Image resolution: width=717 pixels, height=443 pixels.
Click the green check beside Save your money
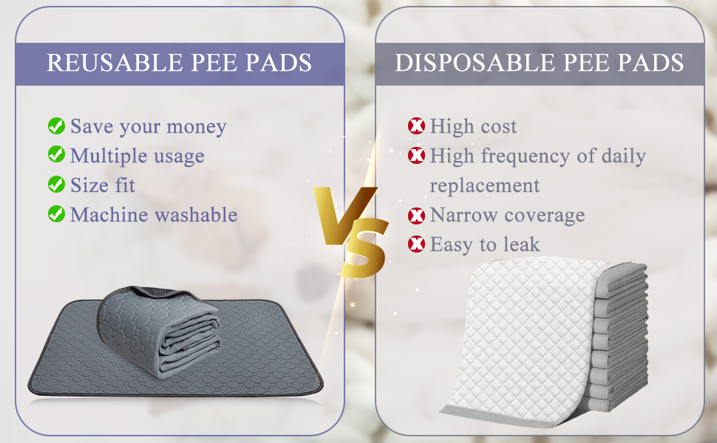point(56,126)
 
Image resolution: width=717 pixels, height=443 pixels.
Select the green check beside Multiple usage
point(56,155)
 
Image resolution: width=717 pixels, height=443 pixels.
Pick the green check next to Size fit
point(56,185)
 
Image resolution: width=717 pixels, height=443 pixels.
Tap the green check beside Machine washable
point(56,214)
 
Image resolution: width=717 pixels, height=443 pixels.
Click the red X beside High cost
point(416,126)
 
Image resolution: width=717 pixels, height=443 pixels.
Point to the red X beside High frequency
point(416,156)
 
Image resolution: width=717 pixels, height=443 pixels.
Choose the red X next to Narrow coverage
point(416,215)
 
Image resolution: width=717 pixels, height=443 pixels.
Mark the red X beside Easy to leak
point(416,244)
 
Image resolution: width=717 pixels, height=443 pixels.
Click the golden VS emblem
point(351,226)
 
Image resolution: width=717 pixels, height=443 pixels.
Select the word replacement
point(484,185)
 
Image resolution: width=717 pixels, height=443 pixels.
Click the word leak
point(522,244)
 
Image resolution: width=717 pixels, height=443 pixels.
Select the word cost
point(497,126)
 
